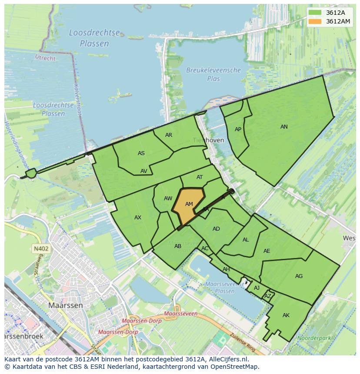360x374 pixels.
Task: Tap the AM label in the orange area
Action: coord(189,204)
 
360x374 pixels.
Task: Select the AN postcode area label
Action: coord(284,127)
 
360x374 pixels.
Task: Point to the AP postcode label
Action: coord(238,129)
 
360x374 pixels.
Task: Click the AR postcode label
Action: coord(169,135)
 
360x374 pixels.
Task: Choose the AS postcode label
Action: coord(141,153)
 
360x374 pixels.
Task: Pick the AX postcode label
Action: coord(138,218)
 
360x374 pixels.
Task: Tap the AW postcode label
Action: coord(168,199)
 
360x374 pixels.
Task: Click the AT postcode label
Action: coord(200,177)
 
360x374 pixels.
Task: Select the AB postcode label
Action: coord(178,246)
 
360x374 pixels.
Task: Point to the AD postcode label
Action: coord(216,229)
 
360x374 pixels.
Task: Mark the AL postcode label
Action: coord(246,240)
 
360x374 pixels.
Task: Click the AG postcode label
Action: coord(299,276)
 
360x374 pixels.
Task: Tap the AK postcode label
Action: coord(286,315)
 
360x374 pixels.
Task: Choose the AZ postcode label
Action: coord(268,296)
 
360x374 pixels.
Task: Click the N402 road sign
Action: coord(40,249)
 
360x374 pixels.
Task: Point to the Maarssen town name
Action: coord(65,305)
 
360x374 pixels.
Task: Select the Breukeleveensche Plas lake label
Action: coord(213,74)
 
